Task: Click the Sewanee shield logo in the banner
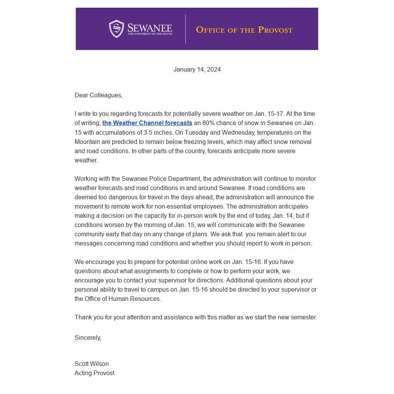click(x=116, y=29)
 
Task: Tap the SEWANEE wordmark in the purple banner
click(x=150, y=28)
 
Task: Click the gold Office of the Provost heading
click(x=244, y=30)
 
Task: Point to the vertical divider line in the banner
click(x=185, y=29)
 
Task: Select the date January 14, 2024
click(x=197, y=70)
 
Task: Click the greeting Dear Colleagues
click(x=98, y=95)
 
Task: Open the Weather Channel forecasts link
click(x=147, y=123)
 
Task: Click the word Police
click(x=158, y=179)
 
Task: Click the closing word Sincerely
click(x=88, y=338)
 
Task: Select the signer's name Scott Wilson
click(x=92, y=364)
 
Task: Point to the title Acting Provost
click(x=94, y=373)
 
